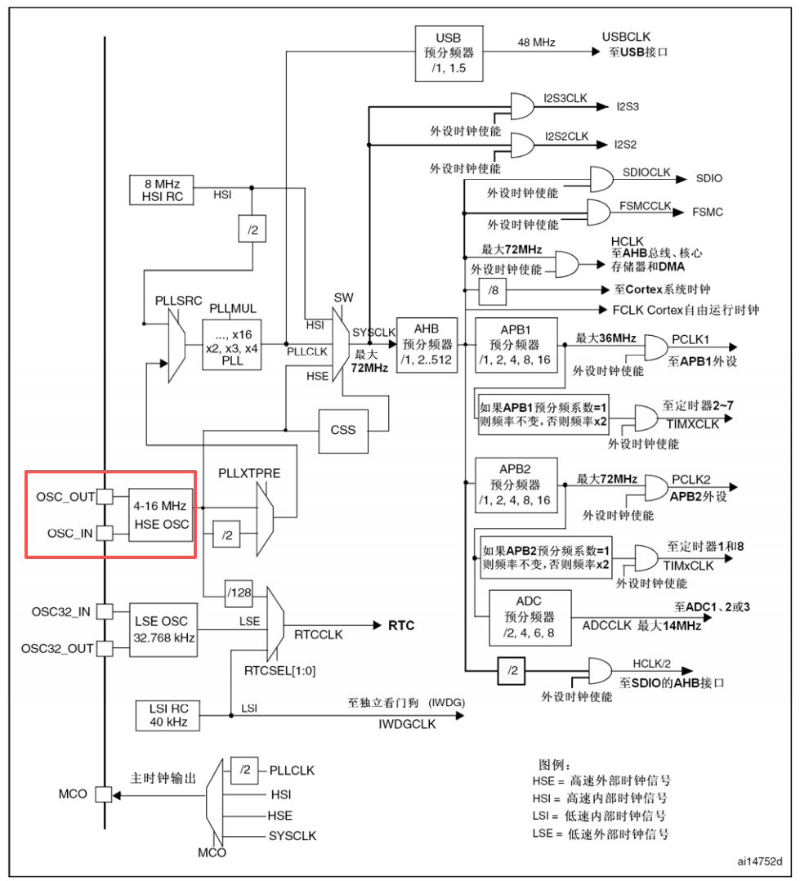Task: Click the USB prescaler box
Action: click(x=449, y=53)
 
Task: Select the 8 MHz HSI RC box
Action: click(x=162, y=190)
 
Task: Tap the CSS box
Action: click(x=343, y=431)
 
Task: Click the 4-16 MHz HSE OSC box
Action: click(x=161, y=515)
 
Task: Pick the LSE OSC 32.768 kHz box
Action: click(x=163, y=630)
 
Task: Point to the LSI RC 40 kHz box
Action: click(x=168, y=715)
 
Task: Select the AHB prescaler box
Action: click(x=427, y=345)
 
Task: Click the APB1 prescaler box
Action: click(x=516, y=345)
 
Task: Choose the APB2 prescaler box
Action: click(x=516, y=485)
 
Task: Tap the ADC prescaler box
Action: click(x=530, y=618)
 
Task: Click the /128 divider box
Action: click(x=239, y=593)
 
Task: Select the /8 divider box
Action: click(x=493, y=291)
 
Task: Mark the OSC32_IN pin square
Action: click(x=105, y=611)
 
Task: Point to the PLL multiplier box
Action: click(x=232, y=345)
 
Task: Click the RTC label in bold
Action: click(x=401, y=625)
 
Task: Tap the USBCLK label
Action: click(x=626, y=37)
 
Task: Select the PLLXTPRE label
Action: click(x=249, y=473)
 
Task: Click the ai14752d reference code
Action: click(x=760, y=861)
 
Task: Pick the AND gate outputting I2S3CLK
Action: click(x=522, y=106)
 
